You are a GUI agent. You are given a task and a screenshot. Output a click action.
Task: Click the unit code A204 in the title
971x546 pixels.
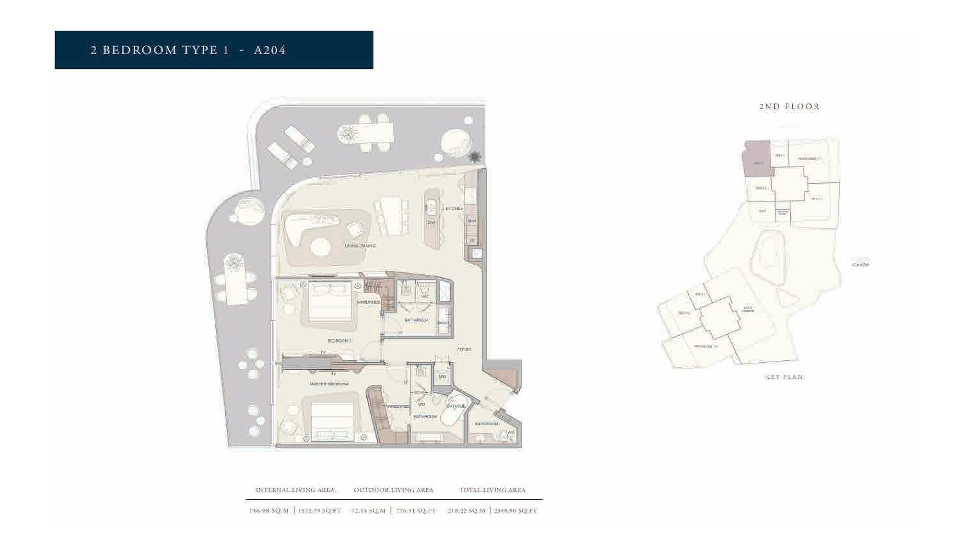pos(270,50)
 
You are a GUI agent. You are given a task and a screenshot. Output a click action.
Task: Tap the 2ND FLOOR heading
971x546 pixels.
pos(789,106)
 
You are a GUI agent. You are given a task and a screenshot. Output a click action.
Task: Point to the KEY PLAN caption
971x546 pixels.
pos(784,377)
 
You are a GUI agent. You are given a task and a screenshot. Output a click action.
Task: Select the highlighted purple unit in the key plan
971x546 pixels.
pos(756,158)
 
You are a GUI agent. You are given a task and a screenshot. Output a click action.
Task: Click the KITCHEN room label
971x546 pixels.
pos(453,208)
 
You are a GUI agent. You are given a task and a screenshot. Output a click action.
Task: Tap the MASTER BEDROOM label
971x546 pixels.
pos(329,384)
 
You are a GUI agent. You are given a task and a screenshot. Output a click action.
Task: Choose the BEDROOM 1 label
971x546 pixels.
pos(339,341)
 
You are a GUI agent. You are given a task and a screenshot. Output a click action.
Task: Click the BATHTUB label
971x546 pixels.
pos(456,406)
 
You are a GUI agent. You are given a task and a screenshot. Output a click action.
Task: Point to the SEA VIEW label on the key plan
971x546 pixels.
pos(860,265)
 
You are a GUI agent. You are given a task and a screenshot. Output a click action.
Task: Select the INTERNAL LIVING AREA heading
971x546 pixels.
pos(295,490)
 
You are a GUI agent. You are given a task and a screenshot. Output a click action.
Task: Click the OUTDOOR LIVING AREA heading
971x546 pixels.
pos(393,490)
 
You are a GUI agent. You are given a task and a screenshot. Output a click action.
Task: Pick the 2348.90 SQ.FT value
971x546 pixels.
pos(516,511)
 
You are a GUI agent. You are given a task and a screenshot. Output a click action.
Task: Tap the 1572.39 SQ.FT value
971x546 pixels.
pos(320,511)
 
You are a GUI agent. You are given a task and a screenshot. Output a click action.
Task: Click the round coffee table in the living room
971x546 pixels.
pos(320,247)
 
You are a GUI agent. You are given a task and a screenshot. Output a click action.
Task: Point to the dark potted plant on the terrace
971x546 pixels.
pos(475,157)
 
